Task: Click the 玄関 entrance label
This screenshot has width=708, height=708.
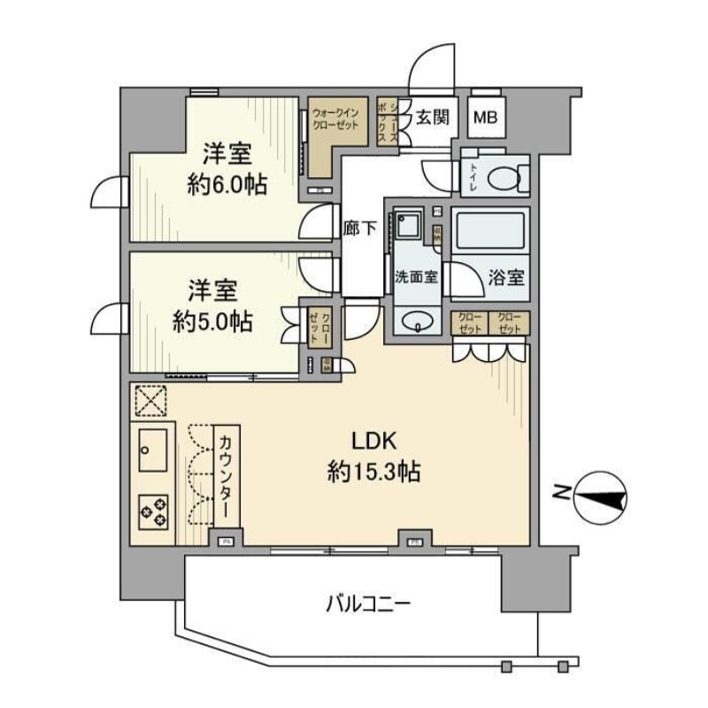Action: [x=433, y=116]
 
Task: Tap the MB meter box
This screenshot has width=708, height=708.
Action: [x=483, y=117]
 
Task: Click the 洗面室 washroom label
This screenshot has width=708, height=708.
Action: [x=416, y=275]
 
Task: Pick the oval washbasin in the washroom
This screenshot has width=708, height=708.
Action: [x=415, y=321]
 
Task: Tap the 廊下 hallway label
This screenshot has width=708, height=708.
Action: [x=361, y=227]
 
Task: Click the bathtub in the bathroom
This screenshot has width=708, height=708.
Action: [x=489, y=233]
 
